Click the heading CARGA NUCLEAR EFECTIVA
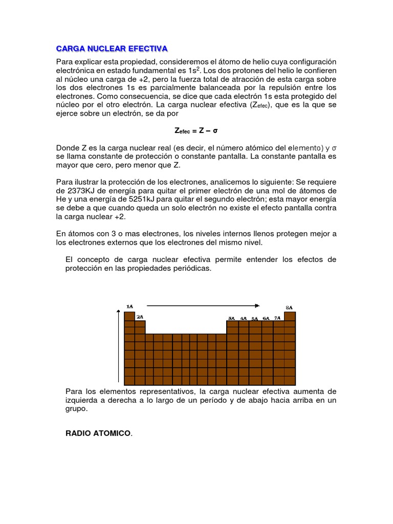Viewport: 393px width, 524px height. [112, 49]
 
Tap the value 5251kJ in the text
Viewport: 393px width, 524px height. [153, 200]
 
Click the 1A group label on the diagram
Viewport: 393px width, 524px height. [129, 307]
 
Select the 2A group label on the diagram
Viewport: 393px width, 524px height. [140, 317]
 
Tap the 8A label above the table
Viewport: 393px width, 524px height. [289, 308]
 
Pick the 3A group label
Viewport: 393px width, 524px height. [231, 318]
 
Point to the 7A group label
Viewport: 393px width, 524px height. [277, 318]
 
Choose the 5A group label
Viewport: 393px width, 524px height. [254, 318]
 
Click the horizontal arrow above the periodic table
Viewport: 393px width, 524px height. [203, 305]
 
